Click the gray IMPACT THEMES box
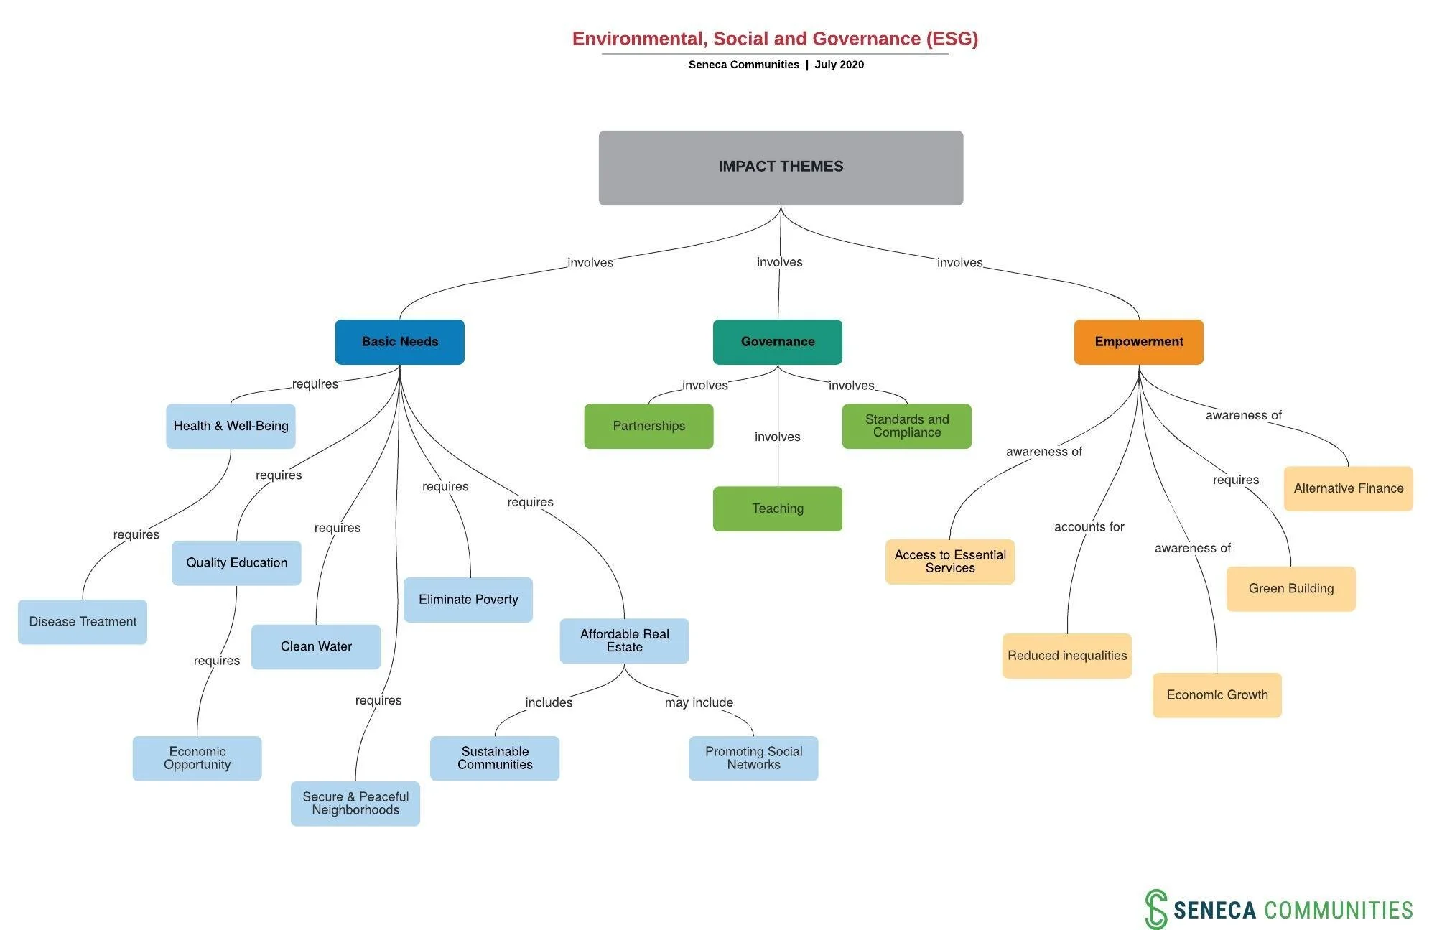(781, 167)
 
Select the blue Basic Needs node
(399, 342)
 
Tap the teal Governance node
(777, 342)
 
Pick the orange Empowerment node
(1138, 342)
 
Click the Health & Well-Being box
(231, 426)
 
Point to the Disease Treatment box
(83, 622)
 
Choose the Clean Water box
(316, 646)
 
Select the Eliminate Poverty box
(468, 600)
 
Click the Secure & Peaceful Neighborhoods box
(355, 803)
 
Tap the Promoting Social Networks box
(753, 758)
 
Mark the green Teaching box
(777, 508)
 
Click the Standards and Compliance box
(906, 426)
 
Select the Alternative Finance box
(1348, 488)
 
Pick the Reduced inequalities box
(1066, 655)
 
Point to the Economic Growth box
(1217, 694)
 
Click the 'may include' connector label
(699, 702)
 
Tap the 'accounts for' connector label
(1089, 527)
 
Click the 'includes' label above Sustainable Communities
(549, 702)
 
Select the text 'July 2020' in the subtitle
(839, 65)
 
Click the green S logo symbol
(1155, 908)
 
